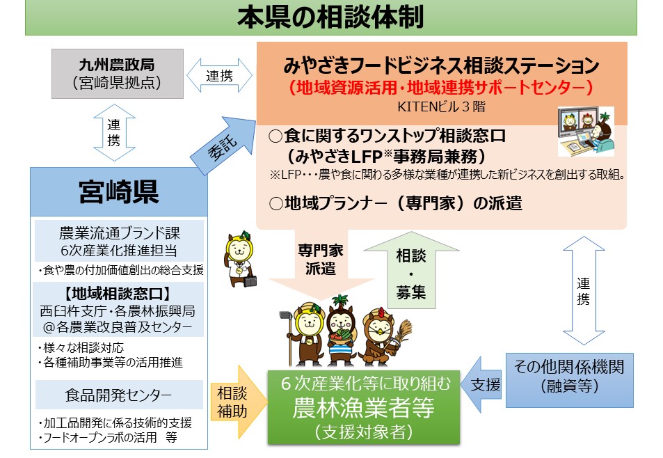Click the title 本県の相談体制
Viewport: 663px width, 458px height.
coord(330,17)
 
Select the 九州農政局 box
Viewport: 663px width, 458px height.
coord(117,73)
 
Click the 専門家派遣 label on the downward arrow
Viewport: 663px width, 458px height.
coord(320,260)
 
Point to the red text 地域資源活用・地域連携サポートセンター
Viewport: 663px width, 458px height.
coord(442,88)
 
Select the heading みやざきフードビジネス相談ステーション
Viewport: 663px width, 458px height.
coord(442,67)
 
